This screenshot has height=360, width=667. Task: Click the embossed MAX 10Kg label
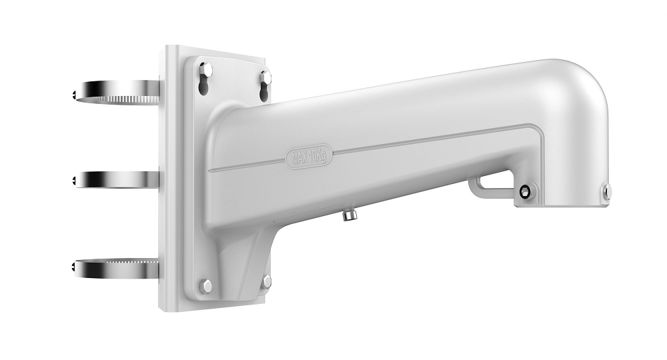coord(309,157)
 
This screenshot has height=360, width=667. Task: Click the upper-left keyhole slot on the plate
coord(205,78)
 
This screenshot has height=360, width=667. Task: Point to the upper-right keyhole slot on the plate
coord(265,87)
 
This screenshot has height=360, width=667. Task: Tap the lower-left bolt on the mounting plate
coord(206,285)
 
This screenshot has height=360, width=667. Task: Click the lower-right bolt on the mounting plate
coord(267,281)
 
